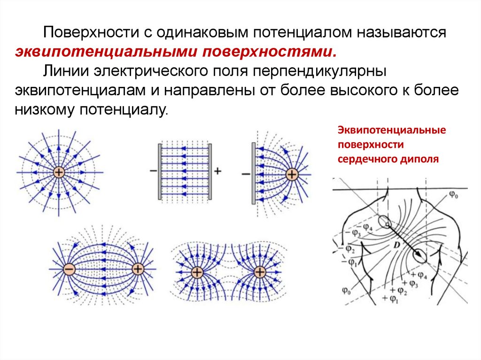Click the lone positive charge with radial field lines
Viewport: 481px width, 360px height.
(x=58, y=172)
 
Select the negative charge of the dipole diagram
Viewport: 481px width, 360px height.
(x=69, y=269)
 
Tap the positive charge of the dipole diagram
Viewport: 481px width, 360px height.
(x=138, y=269)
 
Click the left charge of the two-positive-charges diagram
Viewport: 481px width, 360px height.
(x=196, y=272)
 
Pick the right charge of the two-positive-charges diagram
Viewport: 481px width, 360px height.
(x=259, y=272)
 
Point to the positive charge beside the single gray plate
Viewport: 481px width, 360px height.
(x=292, y=175)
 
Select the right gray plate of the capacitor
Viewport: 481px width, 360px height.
(x=210, y=171)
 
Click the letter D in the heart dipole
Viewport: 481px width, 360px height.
(x=397, y=245)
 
